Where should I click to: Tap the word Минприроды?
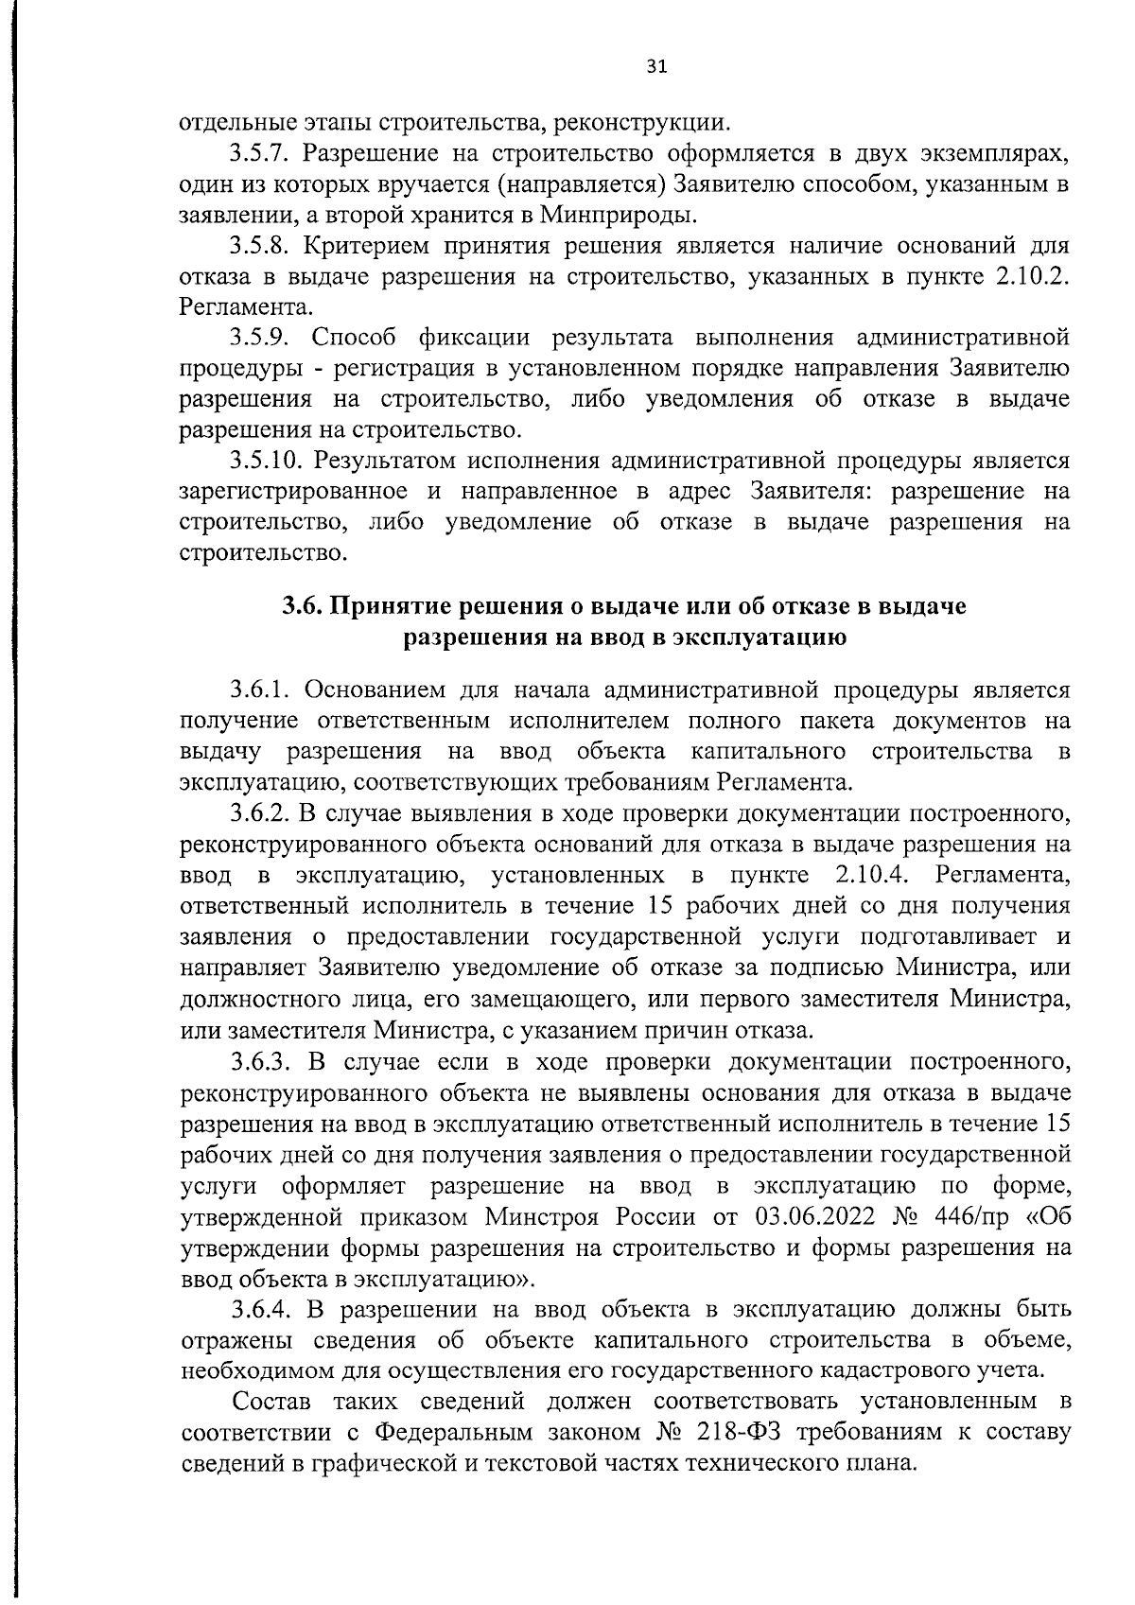click(620, 215)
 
